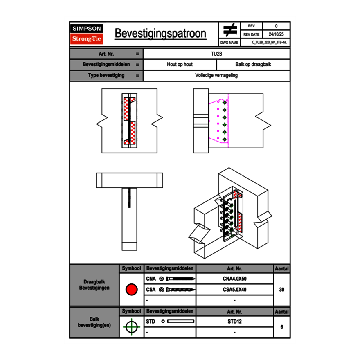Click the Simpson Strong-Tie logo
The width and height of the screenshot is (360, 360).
click(87, 34)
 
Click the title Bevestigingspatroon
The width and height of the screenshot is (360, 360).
click(160, 34)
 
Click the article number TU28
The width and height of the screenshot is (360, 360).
click(216, 54)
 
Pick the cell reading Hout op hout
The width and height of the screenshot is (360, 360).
click(180, 65)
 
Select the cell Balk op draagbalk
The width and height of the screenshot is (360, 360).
click(253, 65)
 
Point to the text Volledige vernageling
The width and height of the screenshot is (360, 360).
click(216, 76)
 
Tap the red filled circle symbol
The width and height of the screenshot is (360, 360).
click(131, 290)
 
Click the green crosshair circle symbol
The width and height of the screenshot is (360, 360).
click(131, 327)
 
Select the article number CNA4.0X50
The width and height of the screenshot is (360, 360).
click(234, 279)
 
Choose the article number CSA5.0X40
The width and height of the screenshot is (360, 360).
click(234, 290)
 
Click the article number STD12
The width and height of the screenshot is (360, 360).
click(234, 322)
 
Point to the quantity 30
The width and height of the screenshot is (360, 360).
click(281, 290)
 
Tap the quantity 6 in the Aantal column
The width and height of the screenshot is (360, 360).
click(281, 327)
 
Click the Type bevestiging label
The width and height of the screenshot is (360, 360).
click(106, 76)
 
